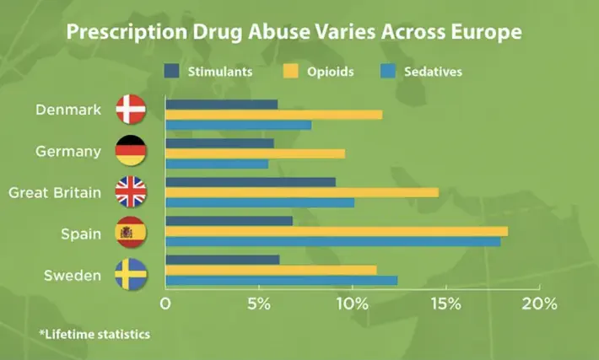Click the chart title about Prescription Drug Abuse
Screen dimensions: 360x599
point(294,33)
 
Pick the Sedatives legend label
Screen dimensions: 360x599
point(433,72)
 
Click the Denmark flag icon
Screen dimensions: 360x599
point(131,110)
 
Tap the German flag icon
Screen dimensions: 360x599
point(131,151)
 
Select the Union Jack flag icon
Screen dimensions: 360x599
point(131,192)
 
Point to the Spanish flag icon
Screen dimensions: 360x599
point(131,233)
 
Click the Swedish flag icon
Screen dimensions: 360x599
point(131,274)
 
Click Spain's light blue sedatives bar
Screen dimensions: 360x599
point(332,241)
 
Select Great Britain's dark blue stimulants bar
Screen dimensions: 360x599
point(250,182)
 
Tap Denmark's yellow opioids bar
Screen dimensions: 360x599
point(273,115)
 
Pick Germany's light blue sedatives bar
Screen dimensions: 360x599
point(217,164)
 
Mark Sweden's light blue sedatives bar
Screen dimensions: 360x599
point(281,280)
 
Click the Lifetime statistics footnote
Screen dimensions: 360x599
point(94,335)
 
